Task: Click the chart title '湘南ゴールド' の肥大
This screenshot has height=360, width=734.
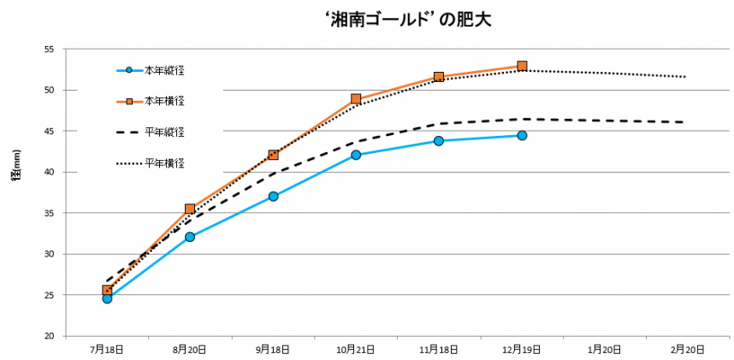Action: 408,19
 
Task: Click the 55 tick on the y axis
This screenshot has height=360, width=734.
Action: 49,50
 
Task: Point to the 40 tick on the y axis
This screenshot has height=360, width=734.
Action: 49,172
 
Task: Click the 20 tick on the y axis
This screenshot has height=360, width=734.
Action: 49,336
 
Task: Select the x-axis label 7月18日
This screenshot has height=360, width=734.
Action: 106,350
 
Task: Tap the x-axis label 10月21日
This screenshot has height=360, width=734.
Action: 355,350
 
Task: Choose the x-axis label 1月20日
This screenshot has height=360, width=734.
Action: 605,350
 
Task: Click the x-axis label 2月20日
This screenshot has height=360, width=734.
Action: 688,350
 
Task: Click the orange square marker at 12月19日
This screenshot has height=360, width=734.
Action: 522,66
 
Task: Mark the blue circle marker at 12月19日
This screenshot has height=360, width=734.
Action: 522,135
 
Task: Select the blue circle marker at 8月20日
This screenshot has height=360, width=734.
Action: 189,237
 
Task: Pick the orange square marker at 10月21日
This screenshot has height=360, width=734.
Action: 356,99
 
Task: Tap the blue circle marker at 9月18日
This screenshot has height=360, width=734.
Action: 273,196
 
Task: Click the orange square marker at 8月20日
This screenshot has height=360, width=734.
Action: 190,209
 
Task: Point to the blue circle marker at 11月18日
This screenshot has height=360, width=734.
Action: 439,140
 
